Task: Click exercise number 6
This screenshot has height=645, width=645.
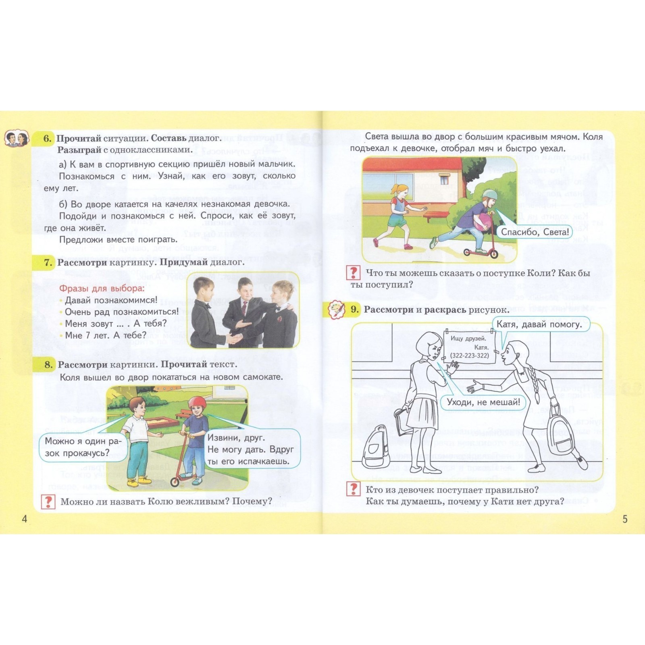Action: (x=48, y=138)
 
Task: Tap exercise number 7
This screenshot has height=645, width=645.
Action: (x=48, y=262)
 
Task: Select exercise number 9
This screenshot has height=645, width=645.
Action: (x=354, y=310)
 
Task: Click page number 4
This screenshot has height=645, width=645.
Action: (x=25, y=519)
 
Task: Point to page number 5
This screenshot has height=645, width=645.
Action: (x=625, y=519)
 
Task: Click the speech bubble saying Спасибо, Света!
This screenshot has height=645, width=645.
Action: (x=535, y=232)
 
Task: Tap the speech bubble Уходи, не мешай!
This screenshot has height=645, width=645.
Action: (x=483, y=402)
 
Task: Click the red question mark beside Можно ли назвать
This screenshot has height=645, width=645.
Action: (x=48, y=501)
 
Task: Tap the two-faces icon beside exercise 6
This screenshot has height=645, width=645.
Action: (x=17, y=139)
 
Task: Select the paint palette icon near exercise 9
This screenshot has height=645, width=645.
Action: (x=337, y=310)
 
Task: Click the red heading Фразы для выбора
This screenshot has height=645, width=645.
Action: (x=102, y=288)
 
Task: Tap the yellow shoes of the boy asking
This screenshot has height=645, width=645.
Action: (x=139, y=480)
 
